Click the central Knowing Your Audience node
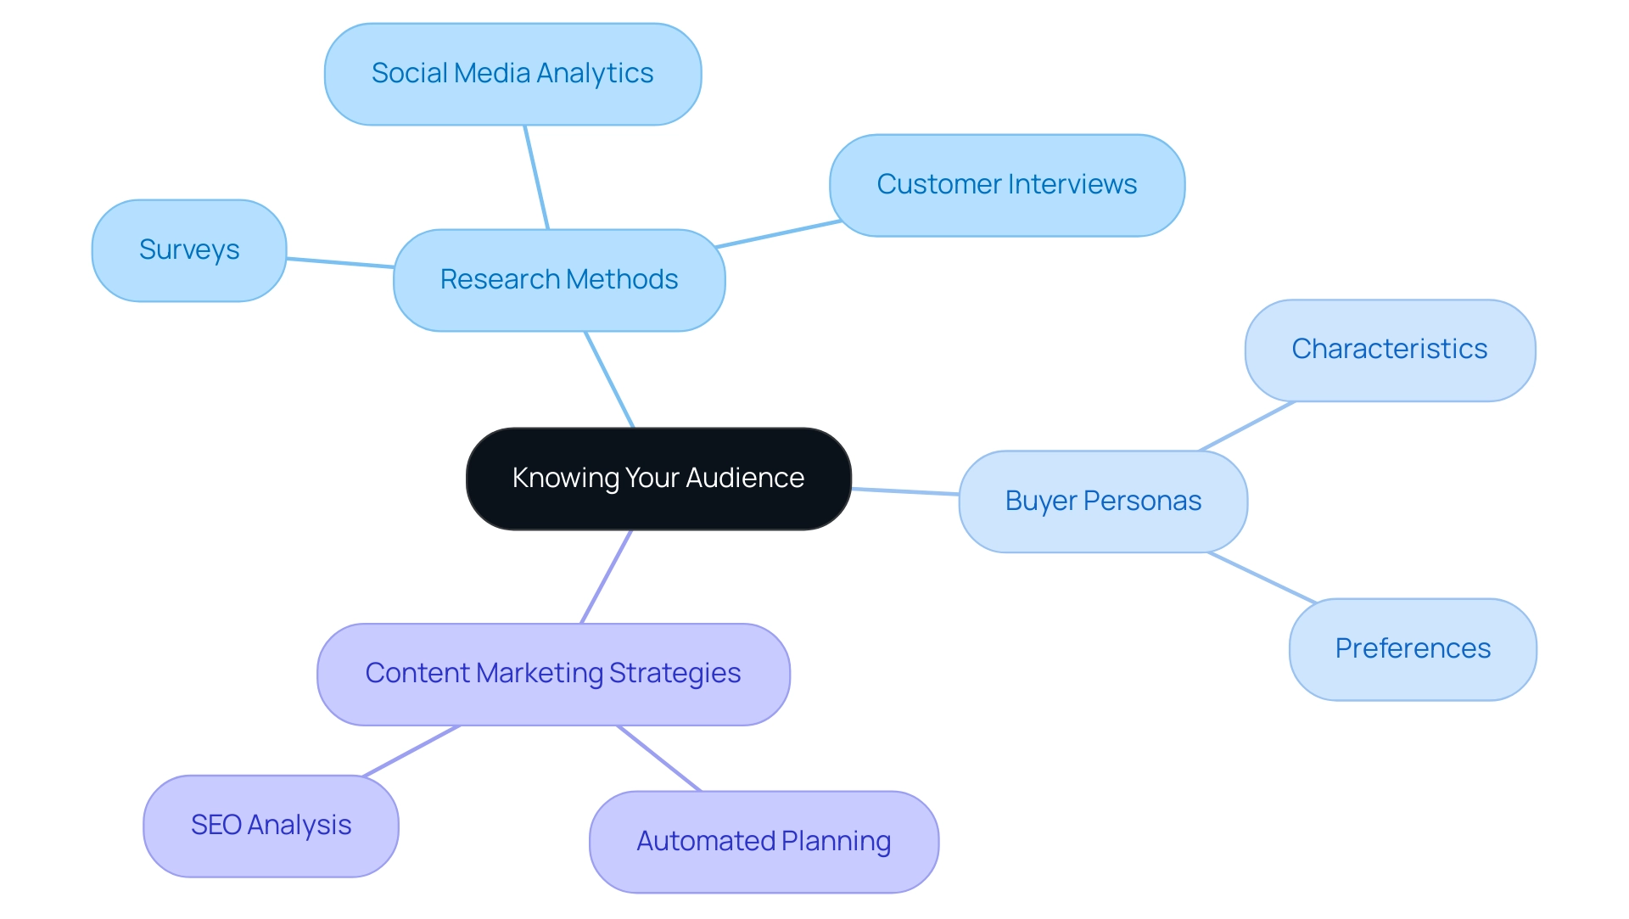(658, 479)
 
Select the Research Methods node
(559, 280)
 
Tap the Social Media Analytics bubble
(512, 74)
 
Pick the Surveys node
(189, 250)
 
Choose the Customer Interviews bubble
(1007, 185)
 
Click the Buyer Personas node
(1103, 502)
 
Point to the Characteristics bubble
(1390, 350)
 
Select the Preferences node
(1413, 649)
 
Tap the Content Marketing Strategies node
(553, 674)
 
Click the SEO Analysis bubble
(271, 826)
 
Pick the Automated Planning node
(764, 842)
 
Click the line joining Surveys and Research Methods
(340, 263)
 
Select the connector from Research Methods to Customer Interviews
(778, 234)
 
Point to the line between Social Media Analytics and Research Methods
(537, 177)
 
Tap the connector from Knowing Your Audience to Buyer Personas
(905, 491)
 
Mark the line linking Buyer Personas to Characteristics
(1247, 426)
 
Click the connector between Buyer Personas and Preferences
(1262, 578)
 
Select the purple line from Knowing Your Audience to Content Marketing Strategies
(607, 577)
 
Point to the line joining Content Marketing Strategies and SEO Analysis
(411, 751)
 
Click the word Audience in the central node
(745, 479)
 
